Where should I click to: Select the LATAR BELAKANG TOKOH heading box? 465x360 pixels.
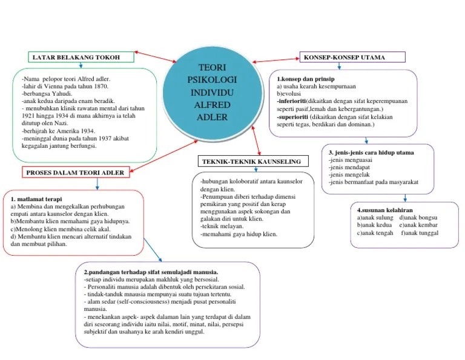(x=81, y=57)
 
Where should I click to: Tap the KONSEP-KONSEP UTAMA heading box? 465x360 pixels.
(x=351, y=57)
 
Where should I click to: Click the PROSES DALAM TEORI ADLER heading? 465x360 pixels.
(x=75, y=173)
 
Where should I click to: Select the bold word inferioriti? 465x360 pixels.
(x=291, y=101)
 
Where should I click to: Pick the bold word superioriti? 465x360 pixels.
(x=292, y=116)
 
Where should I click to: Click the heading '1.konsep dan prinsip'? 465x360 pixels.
(x=306, y=79)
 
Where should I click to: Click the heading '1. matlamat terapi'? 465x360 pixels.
(x=36, y=199)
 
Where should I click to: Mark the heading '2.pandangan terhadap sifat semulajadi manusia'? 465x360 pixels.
(x=151, y=272)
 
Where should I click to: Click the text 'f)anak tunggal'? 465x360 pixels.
(x=419, y=233)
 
